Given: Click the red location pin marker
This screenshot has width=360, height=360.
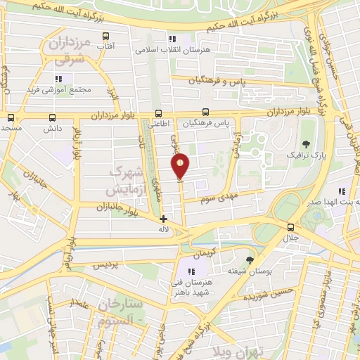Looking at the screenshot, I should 181,166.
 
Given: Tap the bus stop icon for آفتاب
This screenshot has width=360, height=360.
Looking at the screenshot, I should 105,36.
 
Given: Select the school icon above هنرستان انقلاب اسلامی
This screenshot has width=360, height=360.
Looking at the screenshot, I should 172,39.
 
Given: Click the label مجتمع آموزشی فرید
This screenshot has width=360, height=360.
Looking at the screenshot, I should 59,90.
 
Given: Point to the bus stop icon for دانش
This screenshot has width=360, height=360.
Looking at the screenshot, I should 53,118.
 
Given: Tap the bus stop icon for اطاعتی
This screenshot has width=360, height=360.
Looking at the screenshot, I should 157,112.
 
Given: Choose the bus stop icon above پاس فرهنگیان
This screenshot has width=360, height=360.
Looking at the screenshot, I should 205,112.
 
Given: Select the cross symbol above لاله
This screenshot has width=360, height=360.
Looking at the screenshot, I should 164,219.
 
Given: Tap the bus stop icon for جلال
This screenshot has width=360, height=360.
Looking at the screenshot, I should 290,227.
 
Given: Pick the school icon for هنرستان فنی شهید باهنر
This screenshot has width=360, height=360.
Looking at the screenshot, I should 191,270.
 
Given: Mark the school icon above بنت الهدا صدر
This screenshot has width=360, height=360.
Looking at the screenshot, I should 342,191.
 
